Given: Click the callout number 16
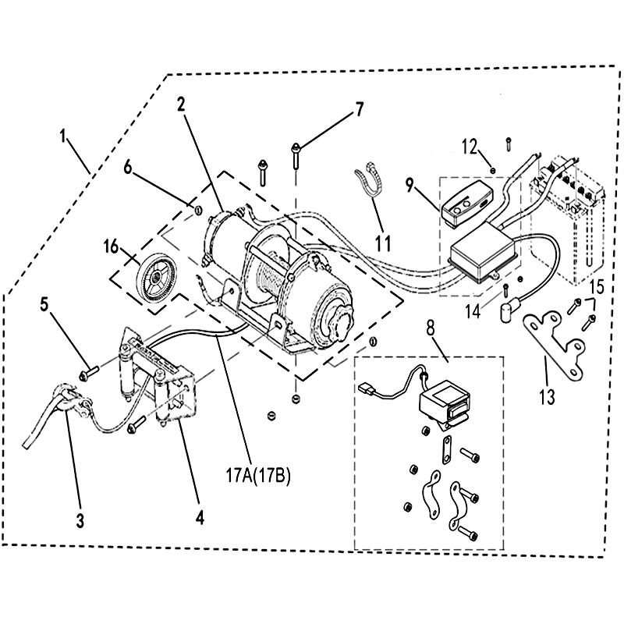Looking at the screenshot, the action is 112,247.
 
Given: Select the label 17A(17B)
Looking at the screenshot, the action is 259,476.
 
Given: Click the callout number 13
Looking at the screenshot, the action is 548,396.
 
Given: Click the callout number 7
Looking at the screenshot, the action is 359,109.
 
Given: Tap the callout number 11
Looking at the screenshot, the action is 383,243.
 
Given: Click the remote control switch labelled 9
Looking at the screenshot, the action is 466,204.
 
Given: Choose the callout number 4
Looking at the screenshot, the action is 200,518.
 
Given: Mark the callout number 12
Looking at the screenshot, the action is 470,147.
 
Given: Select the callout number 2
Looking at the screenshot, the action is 181,105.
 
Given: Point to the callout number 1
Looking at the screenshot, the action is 63,137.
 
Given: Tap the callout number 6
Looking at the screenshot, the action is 127,168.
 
